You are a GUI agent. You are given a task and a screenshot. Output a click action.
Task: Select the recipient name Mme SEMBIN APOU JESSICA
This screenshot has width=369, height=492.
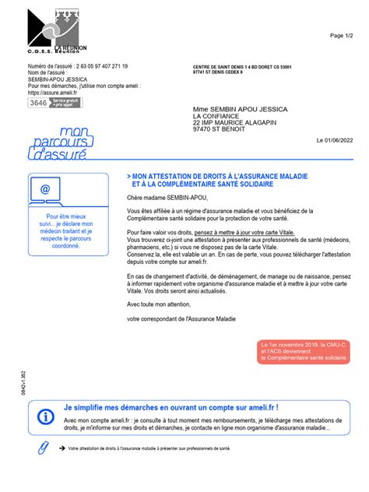click(x=240, y=110)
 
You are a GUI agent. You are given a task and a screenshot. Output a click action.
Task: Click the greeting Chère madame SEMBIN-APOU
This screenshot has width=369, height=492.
click(x=163, y=198)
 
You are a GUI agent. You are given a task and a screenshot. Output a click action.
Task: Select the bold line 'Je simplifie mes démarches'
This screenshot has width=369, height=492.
click(x=170, y=407)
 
